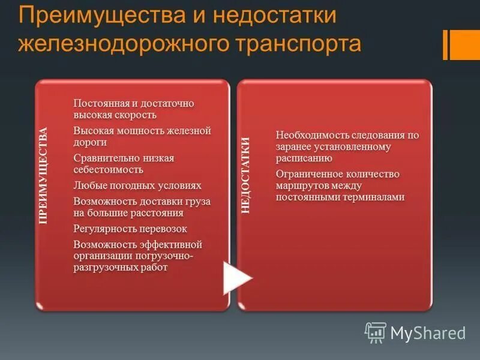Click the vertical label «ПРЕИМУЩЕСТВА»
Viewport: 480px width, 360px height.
click(43, 175)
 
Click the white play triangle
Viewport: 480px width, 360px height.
click(236, 277)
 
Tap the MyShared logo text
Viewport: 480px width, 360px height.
click(428, 332)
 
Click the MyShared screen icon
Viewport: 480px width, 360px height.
click(376, 332)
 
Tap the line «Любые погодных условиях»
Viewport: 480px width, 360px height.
click(137, 185)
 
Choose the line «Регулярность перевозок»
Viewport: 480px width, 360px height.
click(130, 229)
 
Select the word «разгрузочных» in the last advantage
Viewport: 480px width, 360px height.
click(103, 268)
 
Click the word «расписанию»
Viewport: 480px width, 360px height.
click(304, 158)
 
